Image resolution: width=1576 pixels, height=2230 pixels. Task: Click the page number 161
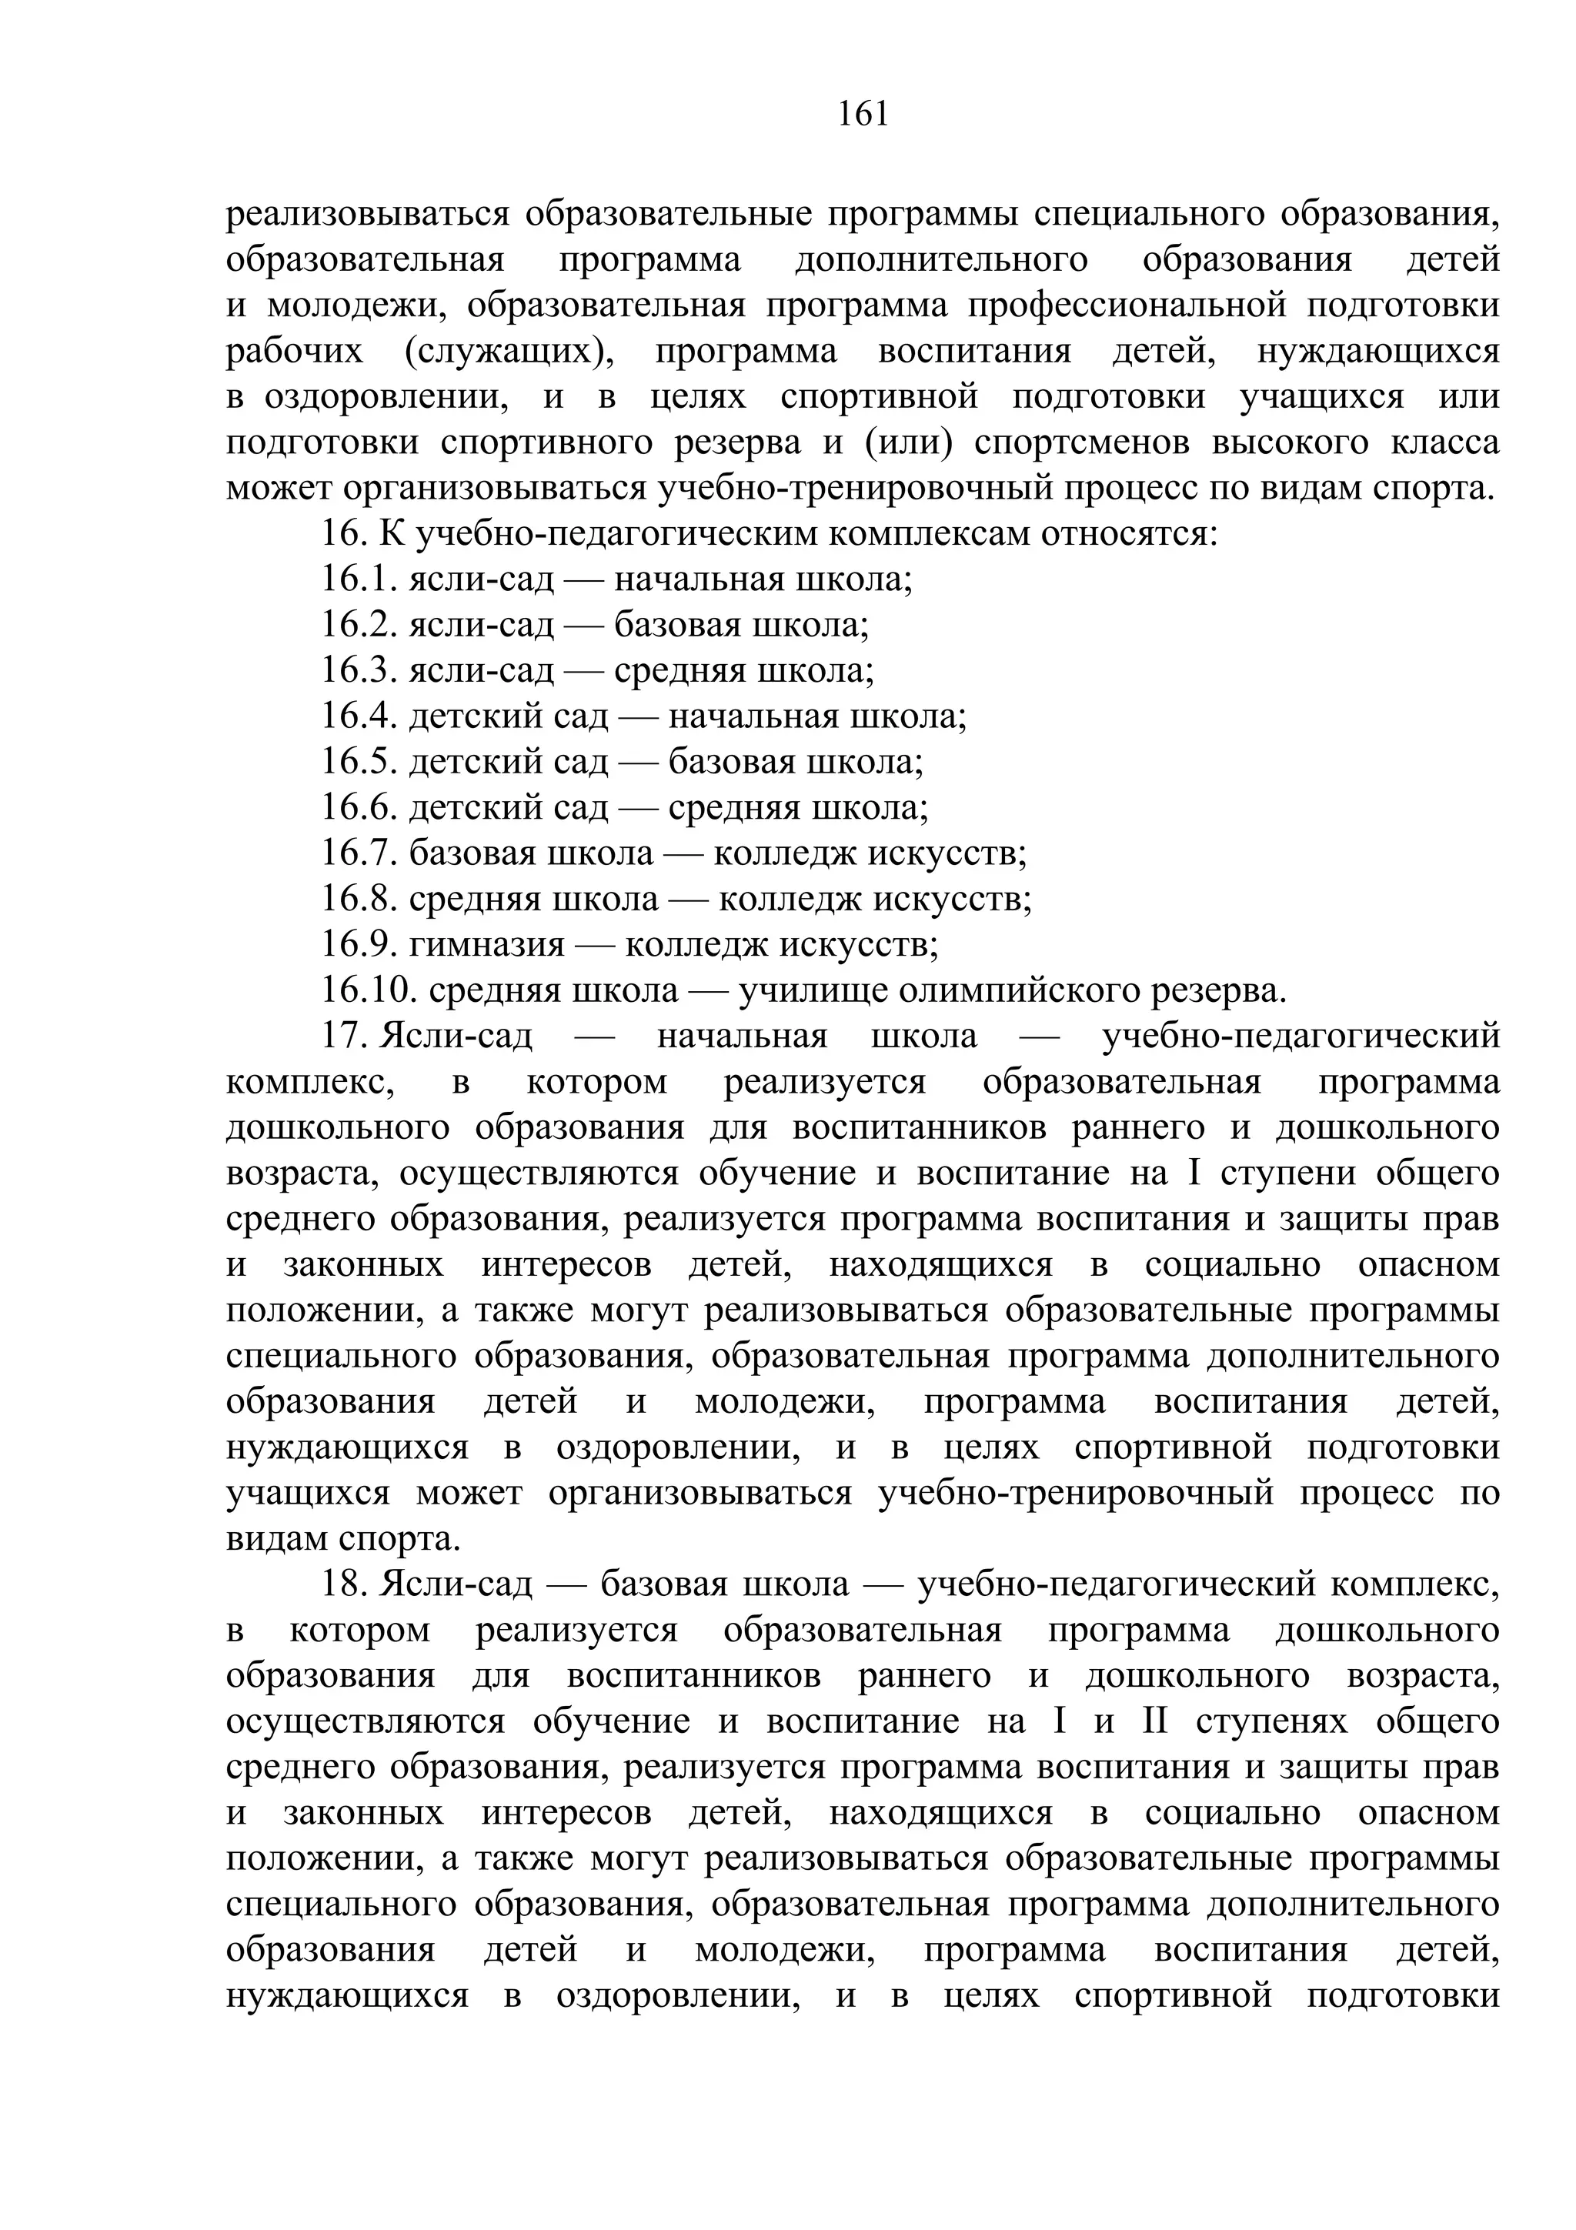(863, 115)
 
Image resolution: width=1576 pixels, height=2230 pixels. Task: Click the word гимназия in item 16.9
(486, 945)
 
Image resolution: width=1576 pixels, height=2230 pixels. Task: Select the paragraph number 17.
(342, 1037)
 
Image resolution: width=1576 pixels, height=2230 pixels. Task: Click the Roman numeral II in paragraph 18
(1150, 1721)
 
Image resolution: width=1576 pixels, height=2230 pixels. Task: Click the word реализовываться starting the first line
(367, 215)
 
